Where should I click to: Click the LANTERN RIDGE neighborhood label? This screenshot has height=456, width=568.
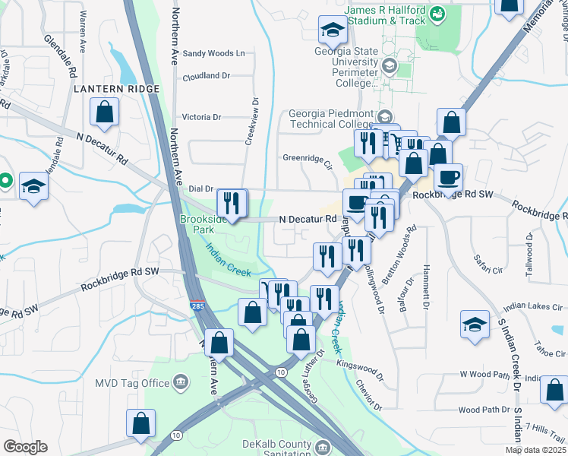click(x=117, y=89)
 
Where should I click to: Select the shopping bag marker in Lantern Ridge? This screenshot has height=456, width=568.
click(x=105, y=113)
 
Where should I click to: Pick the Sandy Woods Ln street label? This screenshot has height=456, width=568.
click(x=213, y=53)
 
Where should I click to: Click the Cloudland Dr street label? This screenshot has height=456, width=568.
click(x=205, y=76)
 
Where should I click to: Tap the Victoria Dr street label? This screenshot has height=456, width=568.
click(x=201, y=117)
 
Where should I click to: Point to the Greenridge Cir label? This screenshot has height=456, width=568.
click(x=308, y=161)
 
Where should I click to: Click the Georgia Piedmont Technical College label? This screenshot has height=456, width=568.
click(x=331, y=119)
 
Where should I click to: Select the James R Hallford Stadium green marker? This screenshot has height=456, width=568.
click(x=438, y=13)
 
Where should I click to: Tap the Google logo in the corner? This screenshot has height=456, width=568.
click(x=24, y=446)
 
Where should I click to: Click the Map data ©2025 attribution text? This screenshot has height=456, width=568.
click(x=535, y=450)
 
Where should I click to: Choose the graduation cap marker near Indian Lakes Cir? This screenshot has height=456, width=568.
click(x=475, y=324)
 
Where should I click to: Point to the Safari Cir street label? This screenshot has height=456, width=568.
click(x=488, y=264)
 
